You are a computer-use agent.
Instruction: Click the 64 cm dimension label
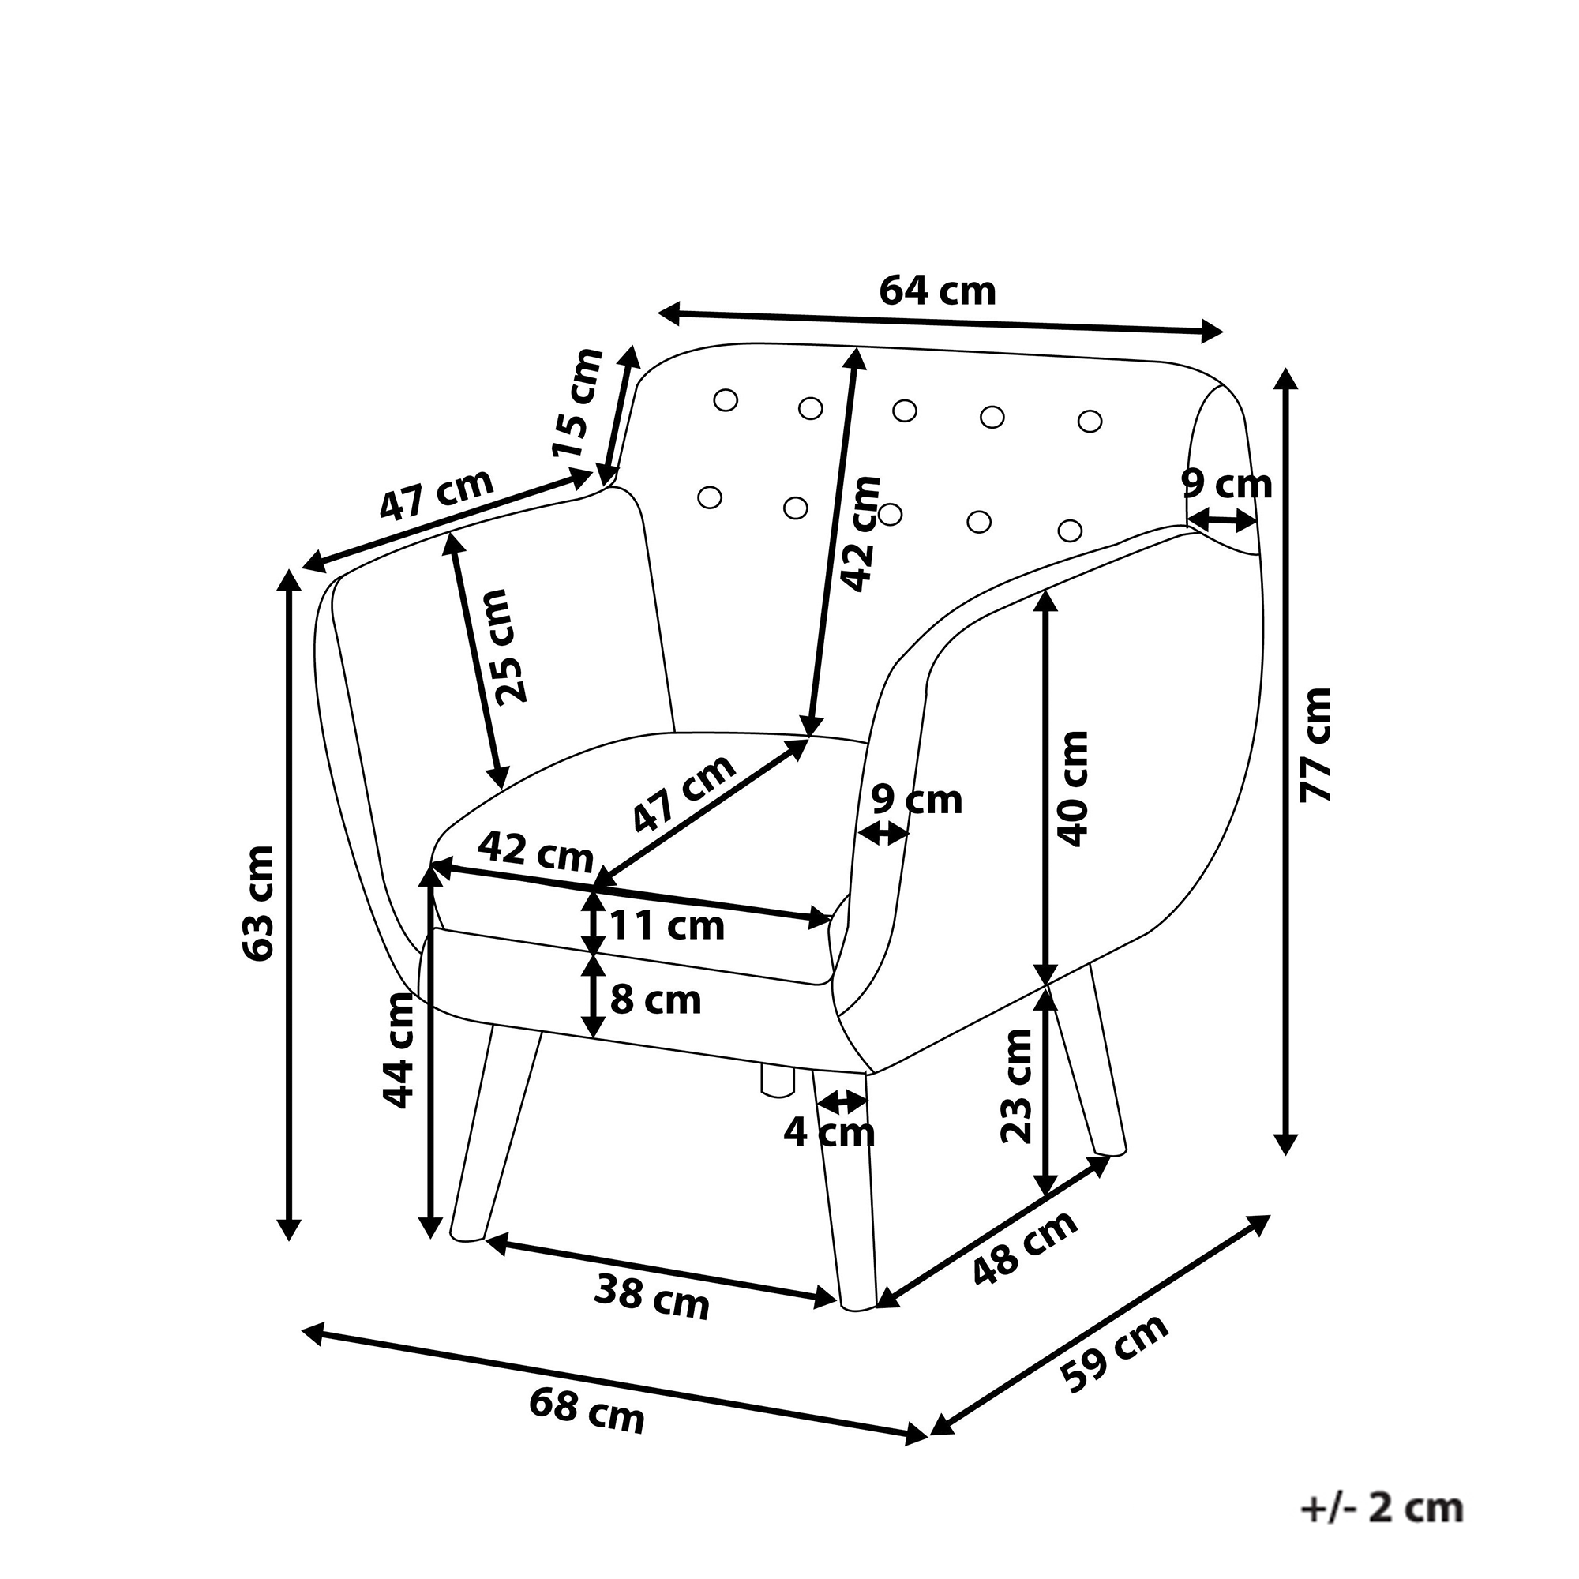pos(937,291)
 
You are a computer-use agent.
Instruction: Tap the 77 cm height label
pos(1316,744)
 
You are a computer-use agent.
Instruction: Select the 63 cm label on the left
pos(259,903)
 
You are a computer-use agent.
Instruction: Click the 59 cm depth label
pos(1116,1352)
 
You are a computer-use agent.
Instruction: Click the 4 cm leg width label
pos(829,1132)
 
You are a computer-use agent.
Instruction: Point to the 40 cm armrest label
pos(1073,789)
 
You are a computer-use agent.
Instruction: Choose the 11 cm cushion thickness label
pos(667,926)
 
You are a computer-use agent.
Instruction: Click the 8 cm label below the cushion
pos(655,1000)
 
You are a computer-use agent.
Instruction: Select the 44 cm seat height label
pos(398,1050)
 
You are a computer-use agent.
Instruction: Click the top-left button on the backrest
pos(725,400)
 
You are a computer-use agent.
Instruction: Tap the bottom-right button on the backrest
pos(1069,531)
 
